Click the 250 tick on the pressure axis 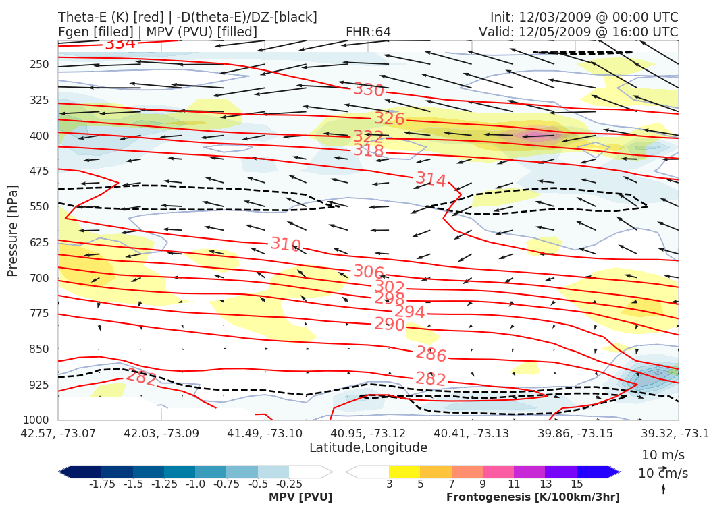click(40, 65)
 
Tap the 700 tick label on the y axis click(40, 278)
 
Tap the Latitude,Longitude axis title click(368, 448)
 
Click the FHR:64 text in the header click(368, 32)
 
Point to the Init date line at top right click(584, 17)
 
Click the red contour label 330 click(369, 90)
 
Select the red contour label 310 click(286, 244)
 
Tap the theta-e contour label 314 click(431, 179)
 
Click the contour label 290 click(390, 325)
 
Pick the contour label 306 click(369, 273)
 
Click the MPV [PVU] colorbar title click(300, 497)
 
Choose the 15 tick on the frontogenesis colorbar click(576, 484)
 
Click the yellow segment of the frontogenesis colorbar click(404, 472)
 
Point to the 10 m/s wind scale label click(660, 455)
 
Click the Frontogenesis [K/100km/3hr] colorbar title click(533, 497)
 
